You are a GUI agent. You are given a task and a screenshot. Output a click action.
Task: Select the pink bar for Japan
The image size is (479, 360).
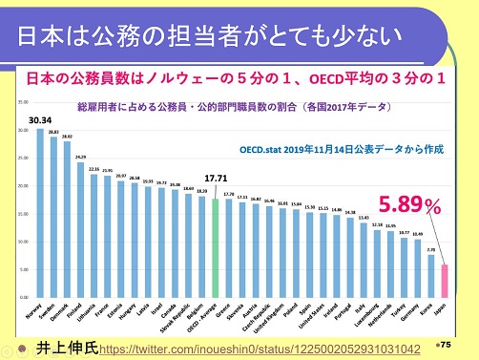(444, 281)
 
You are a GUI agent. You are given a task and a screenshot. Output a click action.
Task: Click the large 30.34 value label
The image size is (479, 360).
(40, 119)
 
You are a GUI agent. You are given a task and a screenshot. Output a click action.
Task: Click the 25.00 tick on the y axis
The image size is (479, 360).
(23, 158)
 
